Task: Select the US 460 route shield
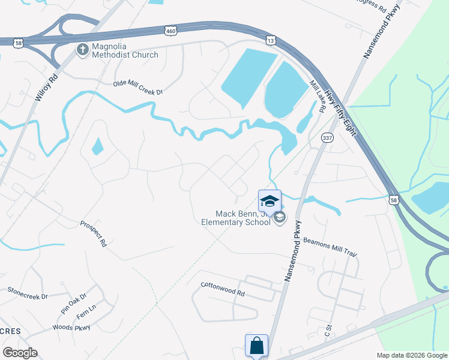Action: pyautogui.click(x=172, y=29)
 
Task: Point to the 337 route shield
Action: pyautogui.click(x=327, y=138)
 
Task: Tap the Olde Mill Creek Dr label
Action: pyautogui.click(x=138, y=88)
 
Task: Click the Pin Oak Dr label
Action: pyautogui.click(x=73, y=304)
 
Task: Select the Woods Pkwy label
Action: pyautogui.click(x=71, y=327)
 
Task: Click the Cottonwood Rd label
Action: pyautogui.click(x=223, y=290)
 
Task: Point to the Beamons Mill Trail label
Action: pyautogui.click(x=330, y=247)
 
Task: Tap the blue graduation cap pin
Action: pyautogui.click(x=270, y=200)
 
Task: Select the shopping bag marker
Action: pyautogui.click(x=256, y=346)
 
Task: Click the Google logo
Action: pyautogui.click(x=20, y=353)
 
